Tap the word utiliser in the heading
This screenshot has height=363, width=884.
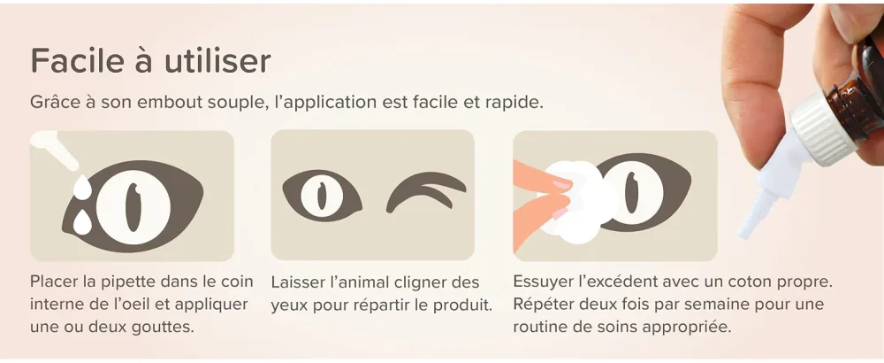[x=217, y=60]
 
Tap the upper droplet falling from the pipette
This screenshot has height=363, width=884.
[x=83, y=187]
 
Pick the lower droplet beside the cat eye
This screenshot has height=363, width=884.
[x=83, y=222]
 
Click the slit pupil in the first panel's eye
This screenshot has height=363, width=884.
[x=133, y=207]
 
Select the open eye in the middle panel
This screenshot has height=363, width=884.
[x=322, y=196]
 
